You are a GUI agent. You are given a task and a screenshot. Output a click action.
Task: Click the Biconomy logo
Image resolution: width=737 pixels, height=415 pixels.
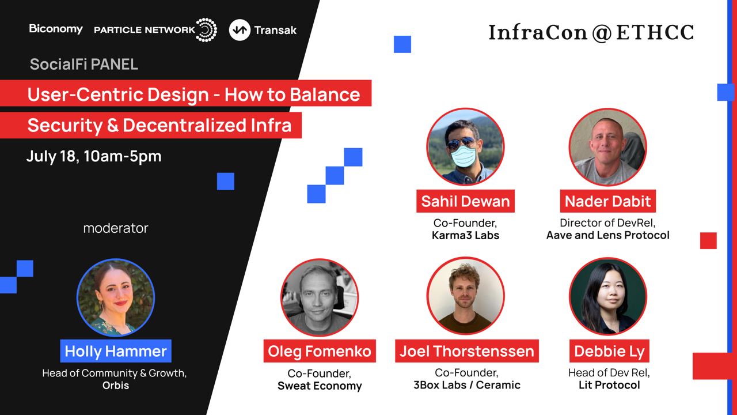[56, 29]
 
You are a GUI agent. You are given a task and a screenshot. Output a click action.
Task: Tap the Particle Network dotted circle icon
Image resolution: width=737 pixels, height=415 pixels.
[206, 30]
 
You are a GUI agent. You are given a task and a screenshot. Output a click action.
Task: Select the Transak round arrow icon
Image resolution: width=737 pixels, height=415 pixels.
[240, 30]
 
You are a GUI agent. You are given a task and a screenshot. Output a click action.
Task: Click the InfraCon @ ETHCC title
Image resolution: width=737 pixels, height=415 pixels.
[591, 33]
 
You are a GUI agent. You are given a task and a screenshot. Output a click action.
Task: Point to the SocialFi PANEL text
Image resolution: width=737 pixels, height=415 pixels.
[84, 64]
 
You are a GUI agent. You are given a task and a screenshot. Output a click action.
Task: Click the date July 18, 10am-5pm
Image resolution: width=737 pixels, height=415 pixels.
[94, 156]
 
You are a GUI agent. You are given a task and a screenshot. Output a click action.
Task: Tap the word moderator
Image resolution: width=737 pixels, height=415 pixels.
[116, 228]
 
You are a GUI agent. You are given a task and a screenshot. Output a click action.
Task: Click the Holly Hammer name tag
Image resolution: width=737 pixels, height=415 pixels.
[116, 351]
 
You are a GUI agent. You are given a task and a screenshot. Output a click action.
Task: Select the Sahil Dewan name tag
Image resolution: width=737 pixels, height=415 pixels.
[466, 201]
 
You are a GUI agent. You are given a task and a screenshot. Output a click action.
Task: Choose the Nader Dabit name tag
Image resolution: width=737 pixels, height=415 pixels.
[608, 201]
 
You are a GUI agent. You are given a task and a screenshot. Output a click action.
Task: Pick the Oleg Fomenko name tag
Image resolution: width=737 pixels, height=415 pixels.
[320, 351]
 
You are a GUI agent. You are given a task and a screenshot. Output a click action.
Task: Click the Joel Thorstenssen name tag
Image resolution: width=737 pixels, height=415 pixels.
[467, 351]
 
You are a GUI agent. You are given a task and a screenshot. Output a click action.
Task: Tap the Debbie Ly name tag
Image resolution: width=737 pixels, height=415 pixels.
[609, 351]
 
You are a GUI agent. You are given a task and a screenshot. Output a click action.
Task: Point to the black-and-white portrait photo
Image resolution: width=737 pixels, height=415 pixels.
[320, 297]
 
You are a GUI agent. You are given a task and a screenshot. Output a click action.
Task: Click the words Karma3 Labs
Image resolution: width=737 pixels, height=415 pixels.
[466, 235]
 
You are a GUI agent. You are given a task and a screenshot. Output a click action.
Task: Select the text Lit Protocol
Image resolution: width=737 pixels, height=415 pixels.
[609, 385]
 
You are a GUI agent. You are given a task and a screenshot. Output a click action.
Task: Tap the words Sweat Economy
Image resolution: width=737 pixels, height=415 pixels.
[320, 386]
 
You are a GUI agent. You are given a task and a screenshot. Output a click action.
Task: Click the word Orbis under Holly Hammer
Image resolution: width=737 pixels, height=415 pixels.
[116, 386]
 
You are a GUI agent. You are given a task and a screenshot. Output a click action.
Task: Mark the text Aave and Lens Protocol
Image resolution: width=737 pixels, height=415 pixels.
[608, 235]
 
